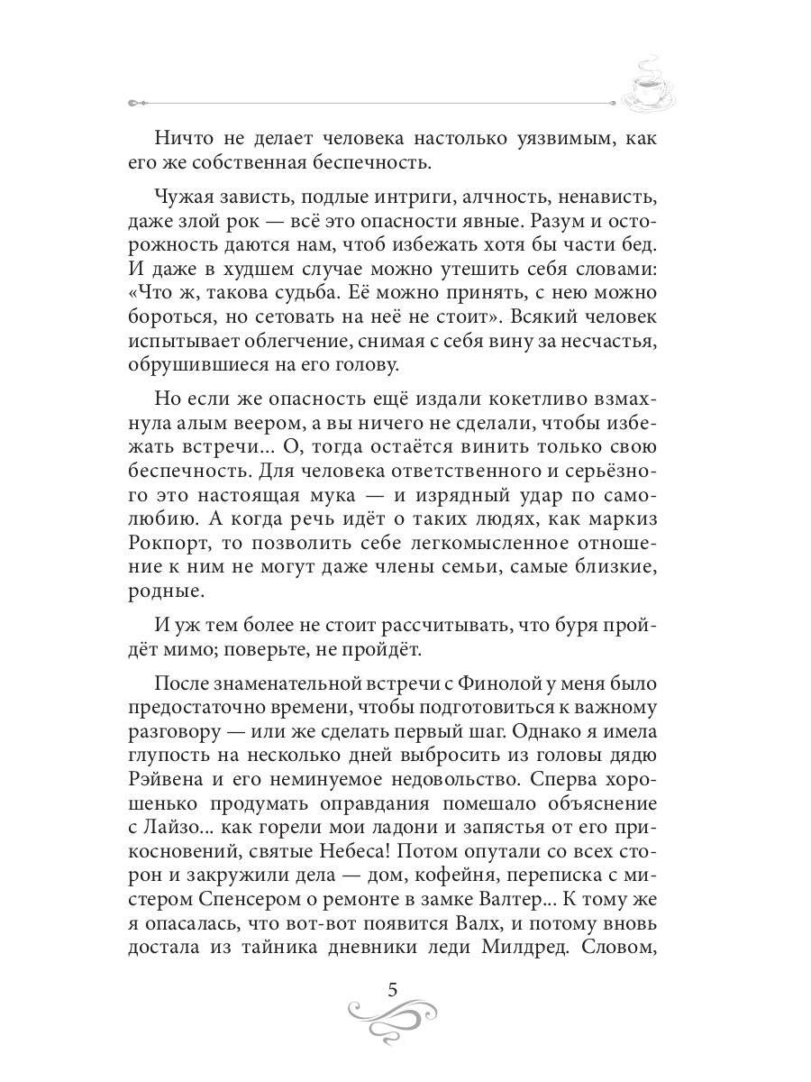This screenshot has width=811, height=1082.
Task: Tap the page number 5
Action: tap(392, 989)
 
